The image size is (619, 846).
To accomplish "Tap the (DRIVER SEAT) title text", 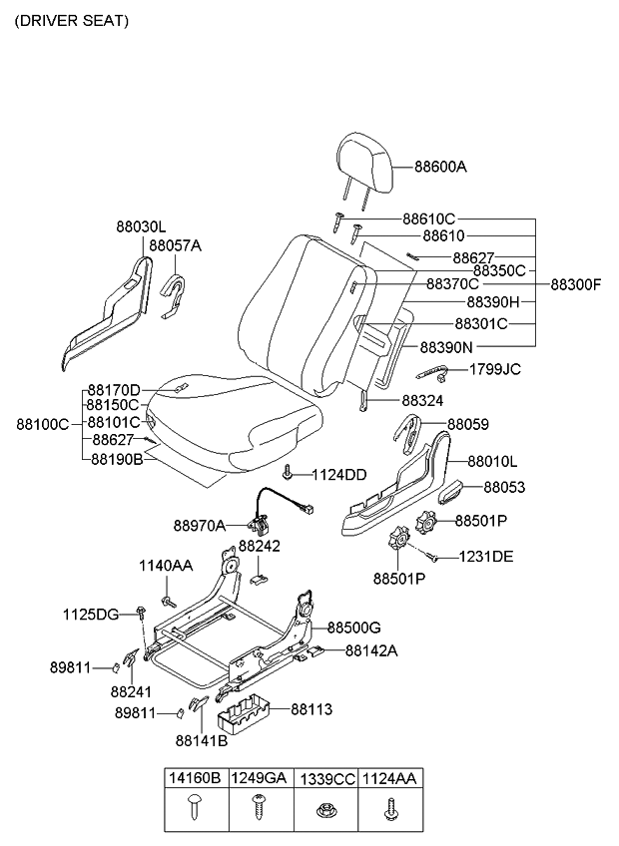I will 71,20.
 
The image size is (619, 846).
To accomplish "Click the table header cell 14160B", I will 196,778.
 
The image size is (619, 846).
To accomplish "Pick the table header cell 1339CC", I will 325,778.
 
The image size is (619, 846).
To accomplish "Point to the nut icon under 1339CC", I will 324,812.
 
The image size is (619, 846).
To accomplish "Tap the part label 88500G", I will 354,628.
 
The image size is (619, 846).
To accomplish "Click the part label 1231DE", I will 486,556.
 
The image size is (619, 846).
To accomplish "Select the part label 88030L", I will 141,227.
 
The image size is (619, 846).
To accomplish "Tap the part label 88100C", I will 42,424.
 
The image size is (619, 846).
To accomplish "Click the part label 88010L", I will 491,462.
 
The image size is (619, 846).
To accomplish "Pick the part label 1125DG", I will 91,613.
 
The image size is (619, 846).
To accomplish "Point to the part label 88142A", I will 370,649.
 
